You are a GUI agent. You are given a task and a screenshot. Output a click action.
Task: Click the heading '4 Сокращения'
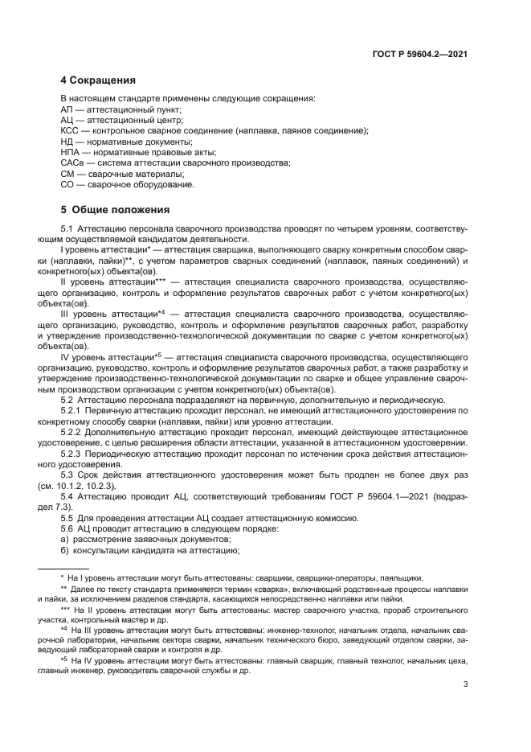[x=98, y=80]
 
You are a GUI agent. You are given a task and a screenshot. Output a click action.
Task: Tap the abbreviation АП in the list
[x=67, y=109]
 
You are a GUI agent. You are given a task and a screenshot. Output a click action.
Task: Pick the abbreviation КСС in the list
[x=70, y=130]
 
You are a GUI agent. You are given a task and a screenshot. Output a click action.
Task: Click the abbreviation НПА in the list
[x=71, y=152]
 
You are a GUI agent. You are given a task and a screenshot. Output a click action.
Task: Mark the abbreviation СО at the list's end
[x=67, y=184]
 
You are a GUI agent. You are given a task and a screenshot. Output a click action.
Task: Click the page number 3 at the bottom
[x=466, y=685]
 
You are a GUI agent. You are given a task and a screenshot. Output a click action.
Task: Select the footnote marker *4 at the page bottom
[x=67, y=630]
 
